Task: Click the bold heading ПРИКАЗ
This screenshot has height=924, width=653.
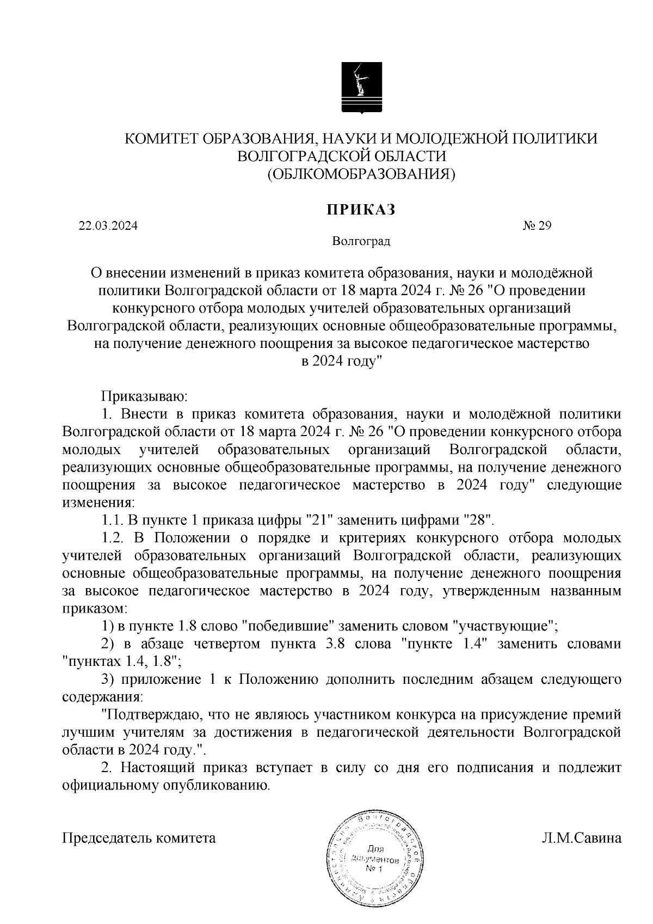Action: coord(360,210)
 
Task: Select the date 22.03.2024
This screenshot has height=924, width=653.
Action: coord(108,226)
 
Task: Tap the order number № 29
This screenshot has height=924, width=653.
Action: coord(537,226)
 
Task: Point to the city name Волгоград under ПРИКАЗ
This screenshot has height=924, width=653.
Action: coord(361,241)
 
